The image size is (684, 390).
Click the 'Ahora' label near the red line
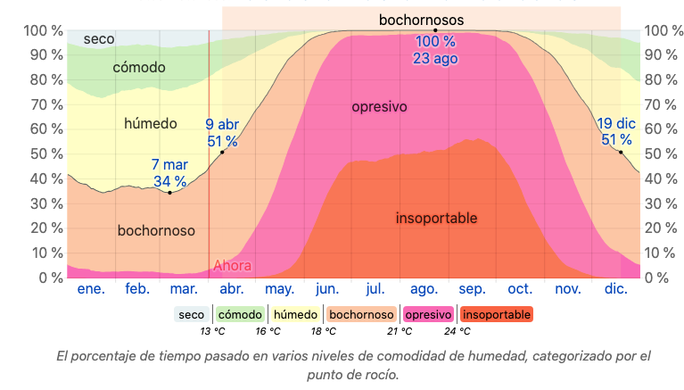(x=232, y=265)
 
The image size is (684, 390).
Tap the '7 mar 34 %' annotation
(x=169, y=173)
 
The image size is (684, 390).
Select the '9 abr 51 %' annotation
(x=222, y=133)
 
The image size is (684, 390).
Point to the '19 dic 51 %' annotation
(x=616, y=131)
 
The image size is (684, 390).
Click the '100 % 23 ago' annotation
(x=435, y=50)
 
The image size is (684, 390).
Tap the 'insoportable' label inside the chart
(x=436, y=218)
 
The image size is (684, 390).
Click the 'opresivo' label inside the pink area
(x=379, y=107)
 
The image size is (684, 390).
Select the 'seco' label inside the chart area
(x=98, y=39)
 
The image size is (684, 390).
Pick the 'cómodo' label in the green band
(x=139, y=68)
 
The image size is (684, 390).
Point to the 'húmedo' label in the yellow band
(x=151, y=123)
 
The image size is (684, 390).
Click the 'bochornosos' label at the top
(x=421, y=19)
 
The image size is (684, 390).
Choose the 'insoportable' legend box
(x=497, y=314)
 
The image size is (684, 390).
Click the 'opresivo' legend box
(x=428, y=314)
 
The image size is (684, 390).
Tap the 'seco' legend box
(x=192, y=314)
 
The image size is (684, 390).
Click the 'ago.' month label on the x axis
(x=424, y=289)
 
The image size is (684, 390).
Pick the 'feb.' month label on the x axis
(x=137, y=289)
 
